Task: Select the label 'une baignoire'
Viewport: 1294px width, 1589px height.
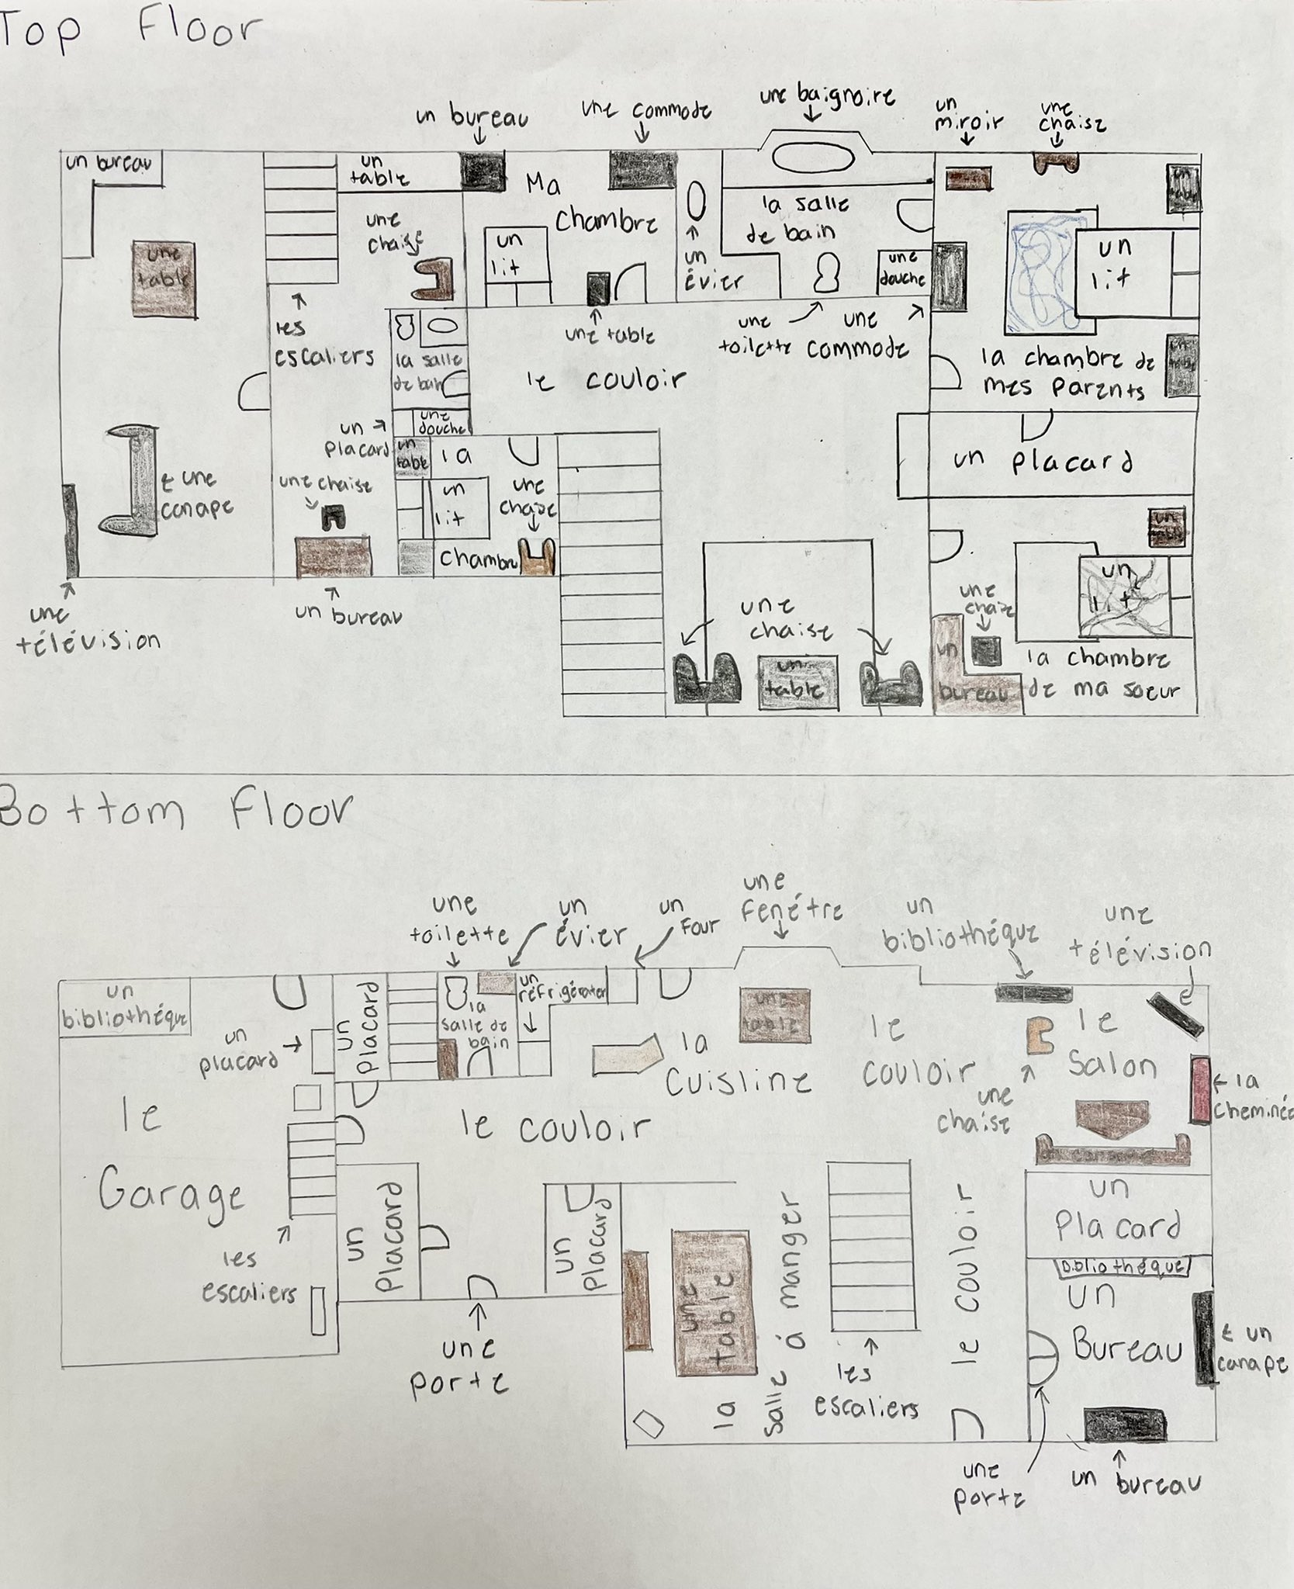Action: point(826,98)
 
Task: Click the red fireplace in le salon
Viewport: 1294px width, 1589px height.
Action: point(1200,1088)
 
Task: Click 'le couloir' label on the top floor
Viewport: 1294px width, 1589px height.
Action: point(613,380)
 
